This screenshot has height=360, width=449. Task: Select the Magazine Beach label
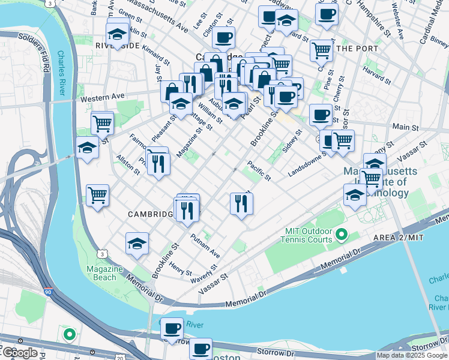[x=104, y=273]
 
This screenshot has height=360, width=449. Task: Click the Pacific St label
[x=259, y=172]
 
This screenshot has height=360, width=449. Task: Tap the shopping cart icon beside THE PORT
[x=322, y=50]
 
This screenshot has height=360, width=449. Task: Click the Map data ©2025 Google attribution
[x=412, y=355]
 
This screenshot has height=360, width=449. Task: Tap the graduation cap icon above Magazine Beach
[x=137, y=244]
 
